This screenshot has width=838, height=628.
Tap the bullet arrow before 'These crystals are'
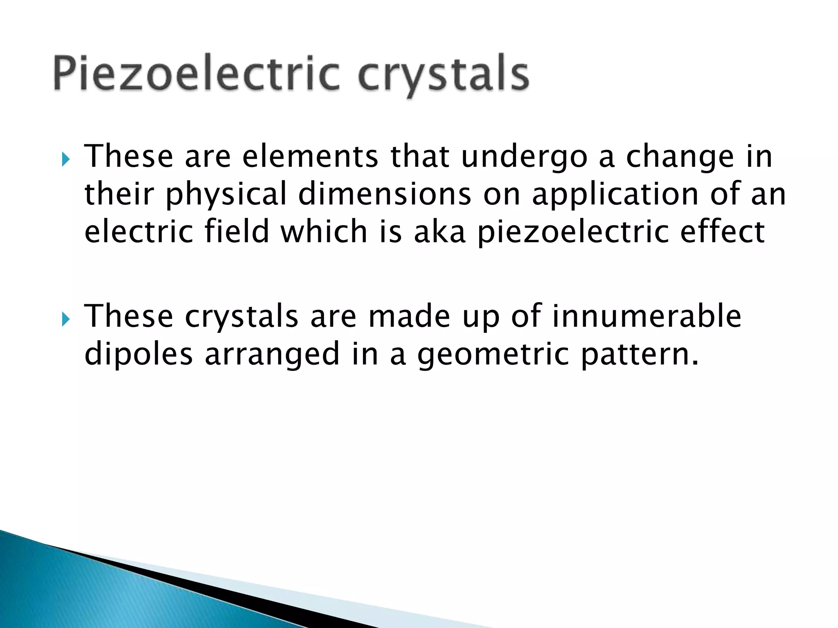pos(65,318)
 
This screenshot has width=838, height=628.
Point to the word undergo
pos(524,157)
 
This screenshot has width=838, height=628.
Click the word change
pos(680,157)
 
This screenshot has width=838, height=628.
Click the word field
pos(237,231)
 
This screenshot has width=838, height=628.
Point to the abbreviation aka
pos(439,231)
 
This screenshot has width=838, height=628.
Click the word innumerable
pos(647,316)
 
